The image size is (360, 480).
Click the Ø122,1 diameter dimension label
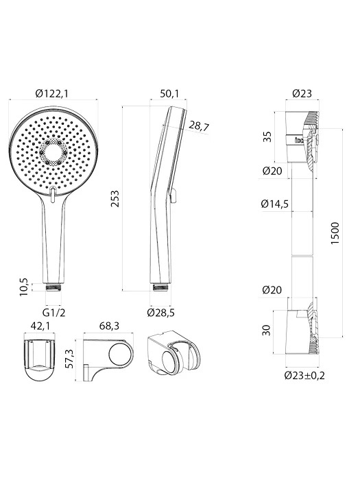pos(51,93)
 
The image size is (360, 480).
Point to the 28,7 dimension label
pos(199,126)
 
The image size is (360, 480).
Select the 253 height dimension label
pos(115,199)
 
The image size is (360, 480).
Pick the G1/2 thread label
pos(54,313)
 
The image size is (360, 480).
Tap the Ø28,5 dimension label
pos(160,313)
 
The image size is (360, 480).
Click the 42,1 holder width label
pos(40,326)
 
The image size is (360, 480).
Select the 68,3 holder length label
pos(109,326)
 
